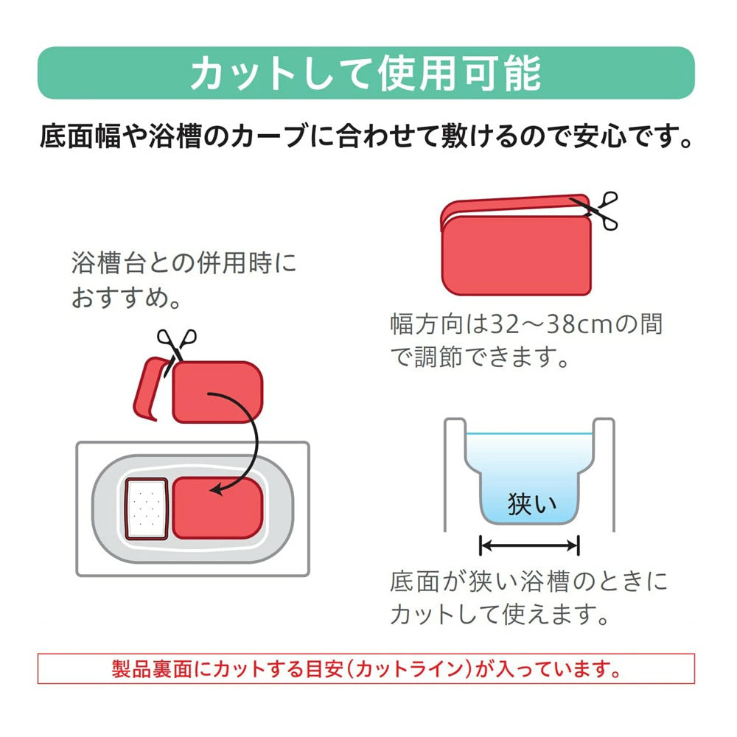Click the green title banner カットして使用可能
[x=366, y=73]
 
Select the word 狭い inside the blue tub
[x=531, y=503]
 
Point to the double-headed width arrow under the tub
[x=529, y=545]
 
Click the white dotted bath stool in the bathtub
[x=147, y=509]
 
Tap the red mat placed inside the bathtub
[x=217, y=508]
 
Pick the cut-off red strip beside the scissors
[x=150, y=388]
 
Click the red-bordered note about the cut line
[x=366, y=668]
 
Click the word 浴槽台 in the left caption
[x=108, y=262]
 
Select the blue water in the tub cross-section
[x=529, y=475]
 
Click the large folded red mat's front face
[x=517, y=255]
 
